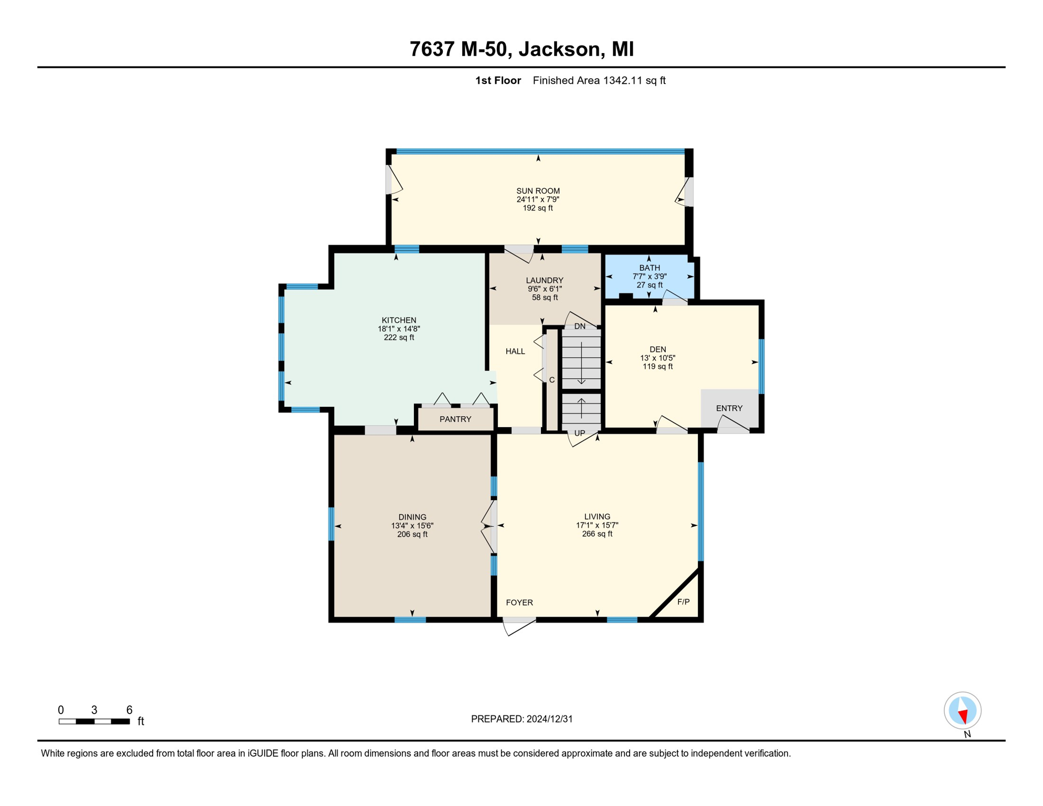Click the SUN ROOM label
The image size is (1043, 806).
coord(538,191)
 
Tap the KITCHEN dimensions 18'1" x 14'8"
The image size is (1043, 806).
coord(399,329)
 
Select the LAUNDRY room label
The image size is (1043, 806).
coord(545,281)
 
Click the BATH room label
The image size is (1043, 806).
coord(650,268)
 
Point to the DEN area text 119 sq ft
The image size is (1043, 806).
coord(657,367)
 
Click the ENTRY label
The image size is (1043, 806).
coord(729,409)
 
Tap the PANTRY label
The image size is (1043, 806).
coord(455,419)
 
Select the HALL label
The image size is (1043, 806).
coord(515,352)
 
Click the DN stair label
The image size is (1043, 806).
coord(580,326)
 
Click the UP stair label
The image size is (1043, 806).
coord(580,433)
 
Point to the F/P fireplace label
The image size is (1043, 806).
coord(683,602)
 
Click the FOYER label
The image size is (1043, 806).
coord(519,602)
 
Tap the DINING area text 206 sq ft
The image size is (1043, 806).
coord(412,535)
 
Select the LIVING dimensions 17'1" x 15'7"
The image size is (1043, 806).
coord(597,525)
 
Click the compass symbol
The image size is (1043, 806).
coord(962,710)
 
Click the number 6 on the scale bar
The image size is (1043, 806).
coord(129,710)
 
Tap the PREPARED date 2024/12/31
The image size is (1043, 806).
coord(549,719)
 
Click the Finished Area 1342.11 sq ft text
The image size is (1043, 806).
coord(599,81)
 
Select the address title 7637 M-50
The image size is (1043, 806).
coord(457,49)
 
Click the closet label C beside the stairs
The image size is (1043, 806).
coord(552,380)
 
